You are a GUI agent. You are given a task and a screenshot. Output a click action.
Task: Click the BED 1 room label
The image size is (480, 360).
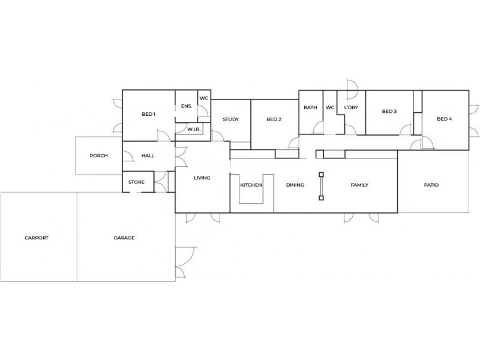(x=148, y=114)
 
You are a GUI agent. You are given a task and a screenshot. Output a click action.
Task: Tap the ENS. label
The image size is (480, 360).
(x=186, y=106)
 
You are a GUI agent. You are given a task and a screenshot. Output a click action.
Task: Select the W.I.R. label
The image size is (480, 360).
(x=193, y=129)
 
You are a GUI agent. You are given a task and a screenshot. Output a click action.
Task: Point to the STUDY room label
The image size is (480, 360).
(x=231, y=119)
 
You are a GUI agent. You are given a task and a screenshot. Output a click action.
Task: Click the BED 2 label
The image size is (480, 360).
(x=274, y=119)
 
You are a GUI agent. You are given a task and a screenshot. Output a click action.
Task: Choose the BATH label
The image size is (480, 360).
(x=310, y=108)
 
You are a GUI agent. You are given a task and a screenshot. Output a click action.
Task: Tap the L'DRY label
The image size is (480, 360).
(x=350, y=108)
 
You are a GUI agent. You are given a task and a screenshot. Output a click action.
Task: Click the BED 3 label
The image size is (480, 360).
(x=389, y=111)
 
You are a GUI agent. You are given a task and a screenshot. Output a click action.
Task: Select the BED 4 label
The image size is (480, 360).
(x=444, y=119)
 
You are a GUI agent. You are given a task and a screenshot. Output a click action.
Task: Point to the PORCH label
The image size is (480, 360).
(x=98, y=155)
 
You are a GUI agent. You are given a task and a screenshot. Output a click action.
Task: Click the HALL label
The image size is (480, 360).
(x=148, y=155)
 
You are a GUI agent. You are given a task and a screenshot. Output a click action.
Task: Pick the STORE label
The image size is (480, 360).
(x=137, y=182)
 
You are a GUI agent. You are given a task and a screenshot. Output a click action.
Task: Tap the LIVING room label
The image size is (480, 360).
(x=202, y=178)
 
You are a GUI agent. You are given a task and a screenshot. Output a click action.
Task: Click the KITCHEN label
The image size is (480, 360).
(x=251, y=185)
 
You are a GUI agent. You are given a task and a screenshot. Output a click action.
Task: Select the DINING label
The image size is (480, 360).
(x=295, y=185)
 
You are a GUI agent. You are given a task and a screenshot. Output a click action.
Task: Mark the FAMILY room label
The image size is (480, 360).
(x=359, y=185)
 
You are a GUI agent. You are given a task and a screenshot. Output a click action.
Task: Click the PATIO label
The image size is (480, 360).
(x=431, y=185)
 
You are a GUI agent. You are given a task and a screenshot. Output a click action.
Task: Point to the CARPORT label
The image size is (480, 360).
(x=37, y=238)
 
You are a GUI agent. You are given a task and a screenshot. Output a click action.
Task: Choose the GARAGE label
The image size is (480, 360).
(x=124, y=238)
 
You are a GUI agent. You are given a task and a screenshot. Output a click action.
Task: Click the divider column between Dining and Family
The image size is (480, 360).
(x=322, y=185)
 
